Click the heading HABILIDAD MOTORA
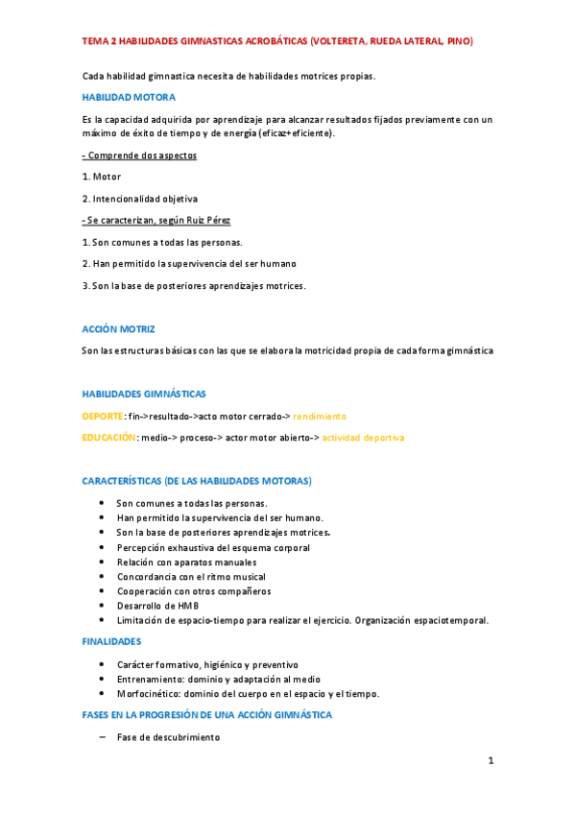129,97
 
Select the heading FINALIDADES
111,641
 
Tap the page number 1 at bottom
490,762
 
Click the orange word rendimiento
320,416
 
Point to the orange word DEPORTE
103,416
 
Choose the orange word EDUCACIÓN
108,438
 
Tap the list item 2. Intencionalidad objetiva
139,199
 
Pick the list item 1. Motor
102,177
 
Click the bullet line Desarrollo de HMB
158,606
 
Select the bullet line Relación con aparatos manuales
186,563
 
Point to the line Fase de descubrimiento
168,737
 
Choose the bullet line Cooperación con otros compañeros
194,591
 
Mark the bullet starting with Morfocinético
248,693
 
